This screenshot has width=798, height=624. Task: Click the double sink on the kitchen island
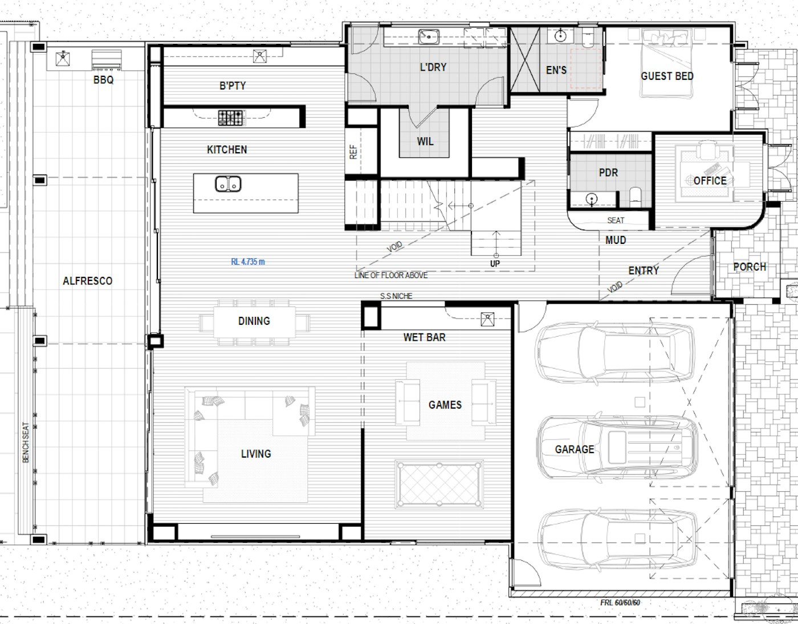click(228, 184)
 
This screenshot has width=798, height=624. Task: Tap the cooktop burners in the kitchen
click(231, 118)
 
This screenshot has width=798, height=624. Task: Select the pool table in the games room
click(439, 485)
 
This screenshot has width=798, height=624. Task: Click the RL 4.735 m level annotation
click(248, 262)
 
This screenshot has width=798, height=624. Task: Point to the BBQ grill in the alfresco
click(107, 60)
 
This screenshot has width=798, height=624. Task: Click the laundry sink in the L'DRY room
click(429, 36)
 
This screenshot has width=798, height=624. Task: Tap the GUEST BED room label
click(667, 76)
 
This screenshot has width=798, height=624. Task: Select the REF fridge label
click(353, 152)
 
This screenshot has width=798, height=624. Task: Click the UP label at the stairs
click(495, 263)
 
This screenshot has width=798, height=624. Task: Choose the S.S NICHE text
click(396, 296)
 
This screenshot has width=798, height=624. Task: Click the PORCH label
click(750, 267)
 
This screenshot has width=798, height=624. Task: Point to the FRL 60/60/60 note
click(620, 602)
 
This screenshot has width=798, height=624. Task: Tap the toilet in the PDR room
click(636, 197)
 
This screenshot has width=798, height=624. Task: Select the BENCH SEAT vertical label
click(26, 442)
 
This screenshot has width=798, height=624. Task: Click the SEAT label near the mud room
click(616, 220)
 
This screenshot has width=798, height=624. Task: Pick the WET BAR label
click(425, 337)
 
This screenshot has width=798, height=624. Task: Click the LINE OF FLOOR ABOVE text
click(391, 275)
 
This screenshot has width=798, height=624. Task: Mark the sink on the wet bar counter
click(487, 319)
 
